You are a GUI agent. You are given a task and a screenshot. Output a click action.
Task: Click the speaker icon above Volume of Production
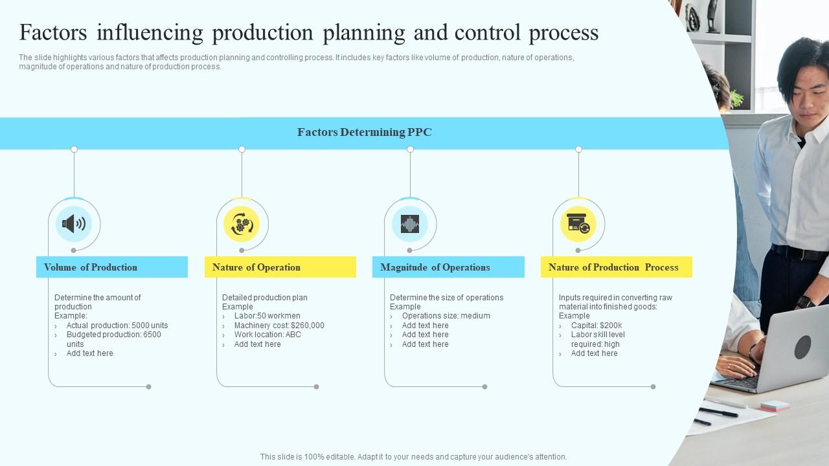(x=74, y=224)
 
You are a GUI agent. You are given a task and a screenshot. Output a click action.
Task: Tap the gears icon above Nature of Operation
(x=242, y=224)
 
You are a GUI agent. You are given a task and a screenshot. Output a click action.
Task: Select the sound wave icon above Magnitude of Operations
(x=410, y=224)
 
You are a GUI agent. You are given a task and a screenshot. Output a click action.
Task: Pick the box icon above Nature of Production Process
(x=578, y=224)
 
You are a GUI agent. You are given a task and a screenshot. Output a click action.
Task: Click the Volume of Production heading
(x=91, y=267)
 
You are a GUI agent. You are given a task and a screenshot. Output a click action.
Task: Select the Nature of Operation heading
(x=256, y=267)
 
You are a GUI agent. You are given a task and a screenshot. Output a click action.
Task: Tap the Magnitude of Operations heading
(x=435, y=267)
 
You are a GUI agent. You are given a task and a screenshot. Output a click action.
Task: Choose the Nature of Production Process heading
(x=613, y=267)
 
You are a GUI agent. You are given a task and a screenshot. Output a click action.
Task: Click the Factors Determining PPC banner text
(x=365, y=133)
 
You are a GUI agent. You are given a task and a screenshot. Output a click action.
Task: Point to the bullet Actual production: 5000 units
(x=117, y=326)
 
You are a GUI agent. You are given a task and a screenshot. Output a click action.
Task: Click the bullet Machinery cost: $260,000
(x=279, y=326)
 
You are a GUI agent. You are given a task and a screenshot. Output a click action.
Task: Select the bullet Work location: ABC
(x=267, y=335)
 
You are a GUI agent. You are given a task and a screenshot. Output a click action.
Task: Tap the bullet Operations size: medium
(x=446, y=316)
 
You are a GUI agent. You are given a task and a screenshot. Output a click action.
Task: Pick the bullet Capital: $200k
(x=596, y=326)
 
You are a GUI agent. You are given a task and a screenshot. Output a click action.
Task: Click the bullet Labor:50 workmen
(x=267, y=316)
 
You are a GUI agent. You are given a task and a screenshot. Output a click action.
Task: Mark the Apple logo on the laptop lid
(x=802, y=346)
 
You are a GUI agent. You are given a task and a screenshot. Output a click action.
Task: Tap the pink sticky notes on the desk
(x=775, y=406)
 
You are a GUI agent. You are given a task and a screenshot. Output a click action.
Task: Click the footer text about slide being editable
(x=413, y=457)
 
